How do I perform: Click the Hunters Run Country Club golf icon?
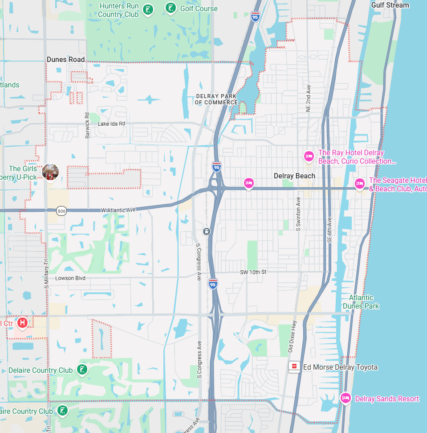(x=149, y=9)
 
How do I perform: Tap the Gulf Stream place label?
(x=390, y=5)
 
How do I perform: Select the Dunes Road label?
(x=66, y=59)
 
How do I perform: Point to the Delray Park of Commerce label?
(x=216, y=99)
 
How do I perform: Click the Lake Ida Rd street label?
(x=111, y=124)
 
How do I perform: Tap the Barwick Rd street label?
(x=88, y=124)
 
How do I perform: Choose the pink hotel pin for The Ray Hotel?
(x=309, y=156)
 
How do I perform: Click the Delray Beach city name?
(x=294, y=176)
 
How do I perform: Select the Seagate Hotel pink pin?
(x=359, y=183)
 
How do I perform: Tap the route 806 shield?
(x=61, y=210)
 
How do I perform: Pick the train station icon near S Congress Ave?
(x=207, y=231)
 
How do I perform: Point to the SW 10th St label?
(x=253, y=272)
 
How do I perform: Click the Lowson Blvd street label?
(x=70, y=278)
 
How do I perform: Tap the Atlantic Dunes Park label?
(x=361, y=302)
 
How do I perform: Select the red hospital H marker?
(x=22, y=322)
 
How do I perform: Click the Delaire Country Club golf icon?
(x=81, y=370)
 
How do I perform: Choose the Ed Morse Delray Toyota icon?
(x=294, y=367)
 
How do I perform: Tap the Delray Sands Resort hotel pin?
(x=345, y=398)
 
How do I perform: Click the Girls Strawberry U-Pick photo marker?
(x=50, y=172)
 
